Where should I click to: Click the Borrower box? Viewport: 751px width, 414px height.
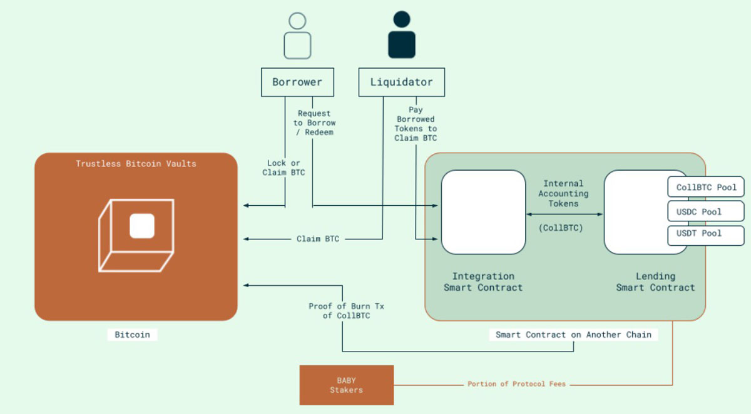point(297,82)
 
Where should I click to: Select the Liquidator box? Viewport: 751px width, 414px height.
point(401,82)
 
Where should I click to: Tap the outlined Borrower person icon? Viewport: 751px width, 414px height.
point(297,36)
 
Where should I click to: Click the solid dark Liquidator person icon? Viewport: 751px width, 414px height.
point(401,36)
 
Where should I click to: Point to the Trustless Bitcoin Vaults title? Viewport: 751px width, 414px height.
point(136,164)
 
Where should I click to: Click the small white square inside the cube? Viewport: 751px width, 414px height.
point(142,226)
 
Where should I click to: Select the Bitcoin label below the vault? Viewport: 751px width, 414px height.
point(132,335)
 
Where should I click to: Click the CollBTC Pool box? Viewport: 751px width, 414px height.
point(707,187)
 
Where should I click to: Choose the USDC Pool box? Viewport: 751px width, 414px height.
point(707,211)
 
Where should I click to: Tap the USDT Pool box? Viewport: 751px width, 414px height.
point(707,234)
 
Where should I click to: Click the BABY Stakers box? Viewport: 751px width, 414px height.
point(347,385)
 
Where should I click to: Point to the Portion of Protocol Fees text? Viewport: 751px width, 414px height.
point(516,384)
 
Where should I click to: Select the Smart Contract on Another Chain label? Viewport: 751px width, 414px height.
point(573,335)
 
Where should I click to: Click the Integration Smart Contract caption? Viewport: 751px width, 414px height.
point(483,282)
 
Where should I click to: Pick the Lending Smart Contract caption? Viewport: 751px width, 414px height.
point(655,282)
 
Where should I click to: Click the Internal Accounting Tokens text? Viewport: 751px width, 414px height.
point(563,193)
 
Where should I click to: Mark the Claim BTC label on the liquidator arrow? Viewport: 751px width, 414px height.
point(317,239)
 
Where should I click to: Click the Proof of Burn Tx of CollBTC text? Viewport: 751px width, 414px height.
point(338,311)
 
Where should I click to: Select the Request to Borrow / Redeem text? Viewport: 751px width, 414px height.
point(314,123)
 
